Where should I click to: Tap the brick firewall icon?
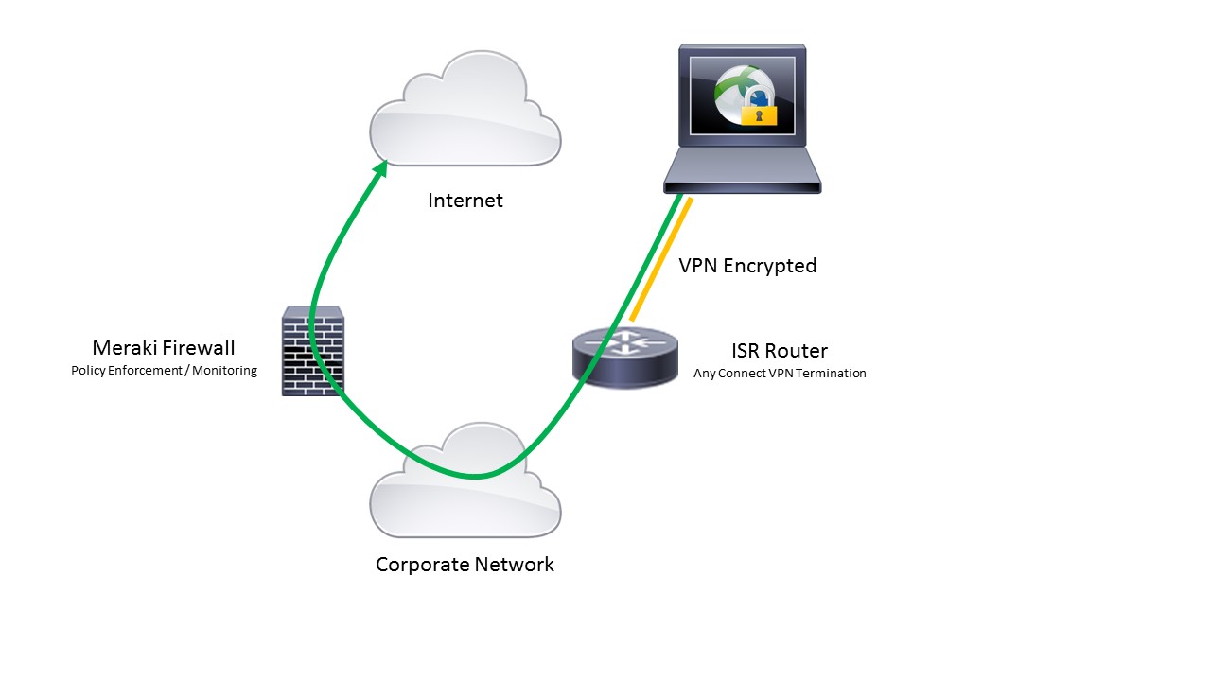(x=312, y=351)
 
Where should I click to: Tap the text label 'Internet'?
(x=465, y=201)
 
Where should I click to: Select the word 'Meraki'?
(x=124, y=348)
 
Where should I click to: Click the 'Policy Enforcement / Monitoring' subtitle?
(x=164, y=371)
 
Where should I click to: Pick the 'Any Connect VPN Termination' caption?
(x=780, y=374)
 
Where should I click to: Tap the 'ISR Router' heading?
(x=780, y=351)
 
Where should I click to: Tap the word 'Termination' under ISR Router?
(x=831, y=374)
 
